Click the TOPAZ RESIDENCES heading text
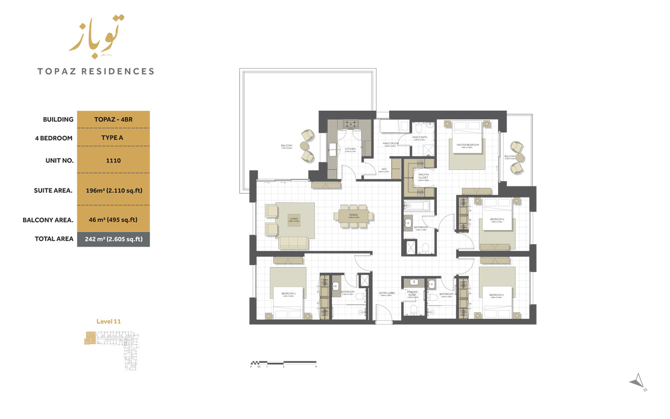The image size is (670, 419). coord(96,71)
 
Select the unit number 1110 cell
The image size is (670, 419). coord(113,160)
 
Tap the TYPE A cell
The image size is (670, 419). coord(113,138)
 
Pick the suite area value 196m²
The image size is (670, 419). coord(113,190)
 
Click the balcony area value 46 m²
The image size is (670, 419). coord(113,220)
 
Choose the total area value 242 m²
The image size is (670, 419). coord(113,239)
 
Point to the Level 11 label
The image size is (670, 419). coord(108,322)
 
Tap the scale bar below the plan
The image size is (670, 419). coord(283,362)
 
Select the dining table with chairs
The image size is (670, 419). coord(354,216)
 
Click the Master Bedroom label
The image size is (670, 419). coord(467,145)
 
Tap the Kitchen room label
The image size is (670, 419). coord(350,149)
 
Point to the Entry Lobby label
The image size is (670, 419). coord(387,293)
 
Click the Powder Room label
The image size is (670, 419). coord(412,293)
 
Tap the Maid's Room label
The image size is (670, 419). coord(390,144)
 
